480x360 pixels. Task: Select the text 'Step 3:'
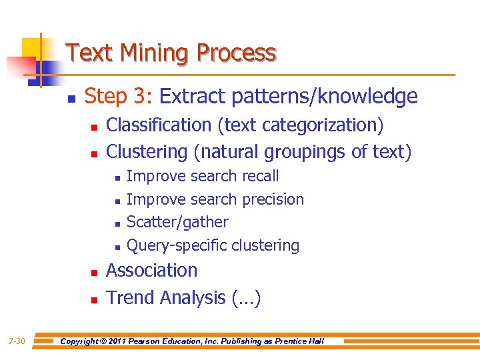click(119, 97)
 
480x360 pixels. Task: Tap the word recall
click(257, 177)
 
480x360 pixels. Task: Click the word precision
click(273, 199)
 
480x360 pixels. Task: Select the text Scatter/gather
click(177, 222)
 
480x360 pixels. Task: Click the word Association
click(152, 271)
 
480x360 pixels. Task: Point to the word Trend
click(129, 298)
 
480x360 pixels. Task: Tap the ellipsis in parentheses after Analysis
click(246, 298)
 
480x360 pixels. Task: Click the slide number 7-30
click(17, 342)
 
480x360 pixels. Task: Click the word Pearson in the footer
click(157, 342)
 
